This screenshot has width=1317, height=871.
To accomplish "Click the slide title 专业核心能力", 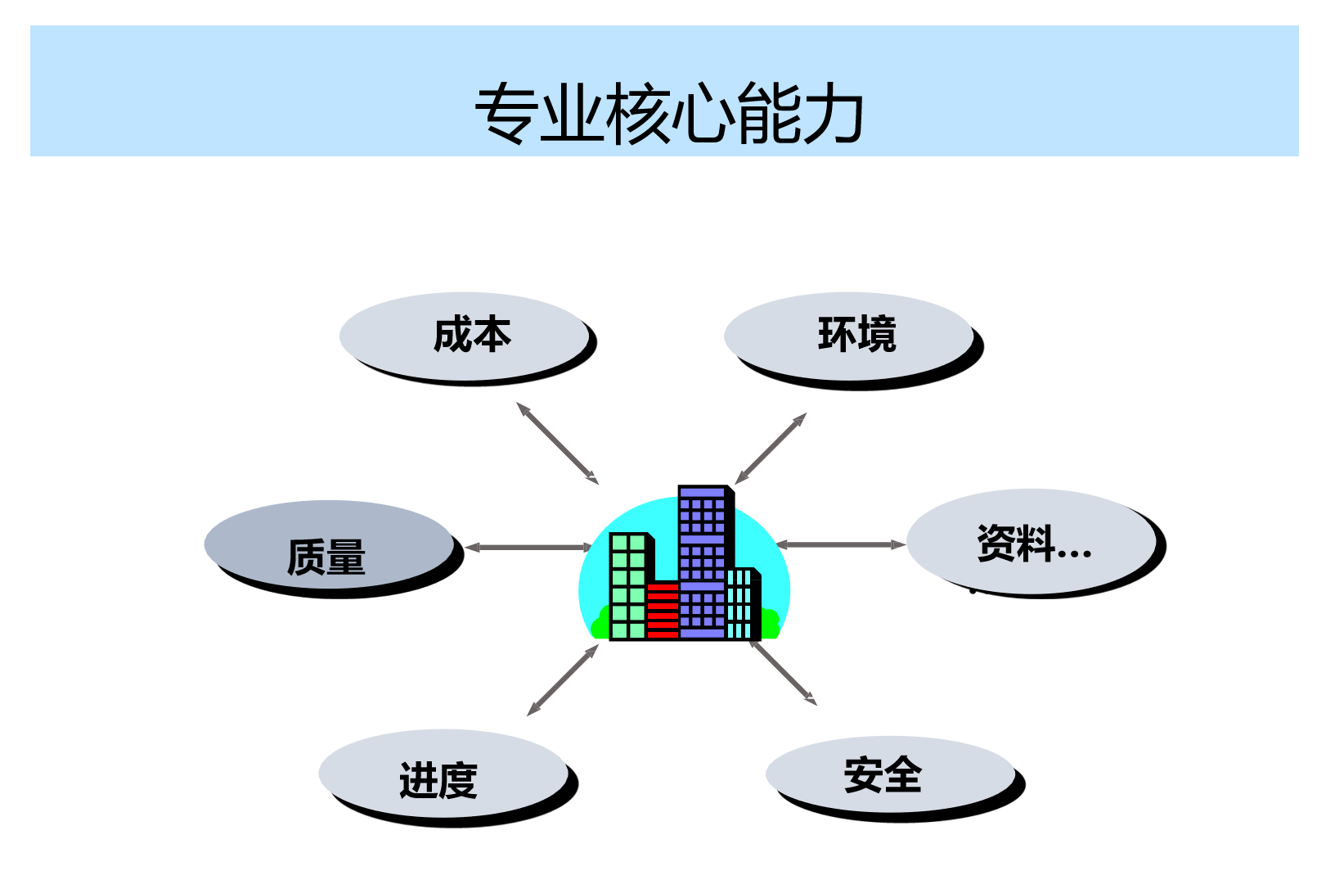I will click(669, 113).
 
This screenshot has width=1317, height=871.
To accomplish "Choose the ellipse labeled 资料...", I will click(1031, 541).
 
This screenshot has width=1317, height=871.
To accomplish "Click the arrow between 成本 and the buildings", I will click(557, 443).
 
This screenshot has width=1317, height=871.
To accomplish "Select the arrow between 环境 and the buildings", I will click(771, 449).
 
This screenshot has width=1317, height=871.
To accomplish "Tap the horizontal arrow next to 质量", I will click(528, 547).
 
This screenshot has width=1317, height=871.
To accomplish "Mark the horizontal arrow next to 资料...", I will click(840, 544).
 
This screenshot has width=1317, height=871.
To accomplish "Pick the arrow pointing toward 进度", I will click(563, 680).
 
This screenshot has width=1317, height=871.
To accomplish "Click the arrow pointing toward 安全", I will click(783, 672).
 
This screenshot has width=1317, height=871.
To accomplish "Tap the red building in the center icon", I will click(663, 610).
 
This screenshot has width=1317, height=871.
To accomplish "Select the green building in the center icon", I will click(628, 585).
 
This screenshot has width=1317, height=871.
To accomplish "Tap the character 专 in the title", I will click(506, 113).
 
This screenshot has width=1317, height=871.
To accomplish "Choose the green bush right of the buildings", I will click(770, 624).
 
